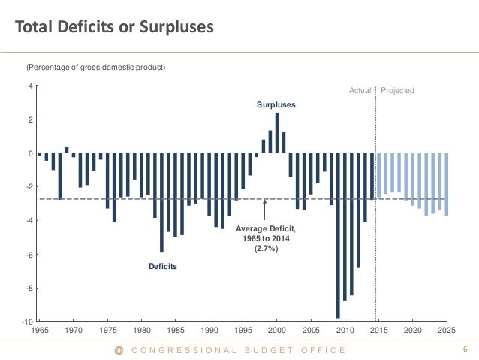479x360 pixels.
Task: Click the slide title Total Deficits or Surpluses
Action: (x=115, y=28)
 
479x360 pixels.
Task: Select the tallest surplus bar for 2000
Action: (x=277, y=133)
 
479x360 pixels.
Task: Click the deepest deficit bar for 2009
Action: (x=338, y=234)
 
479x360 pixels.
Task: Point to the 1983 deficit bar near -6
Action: (x=161, y=202)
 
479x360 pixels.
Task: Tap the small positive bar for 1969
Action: (x=67, y=150)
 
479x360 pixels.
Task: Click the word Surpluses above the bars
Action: (x=276, y=105)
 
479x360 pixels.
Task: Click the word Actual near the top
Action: (x=360, y=90)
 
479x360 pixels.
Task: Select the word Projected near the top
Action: (x=397, y=90)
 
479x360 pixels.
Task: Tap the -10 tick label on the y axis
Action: (x=28, y=322)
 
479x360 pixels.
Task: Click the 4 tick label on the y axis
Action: (x=30, y=86)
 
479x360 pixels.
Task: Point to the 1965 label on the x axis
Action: (x=39, y=330)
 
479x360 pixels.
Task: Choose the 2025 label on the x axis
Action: (x=447, y=330)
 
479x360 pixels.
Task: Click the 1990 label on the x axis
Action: (x=209, y=330)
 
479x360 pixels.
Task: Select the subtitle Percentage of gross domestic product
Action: (x=95, y=68)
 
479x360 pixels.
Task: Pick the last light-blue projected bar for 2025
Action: (x=447, y=184)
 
